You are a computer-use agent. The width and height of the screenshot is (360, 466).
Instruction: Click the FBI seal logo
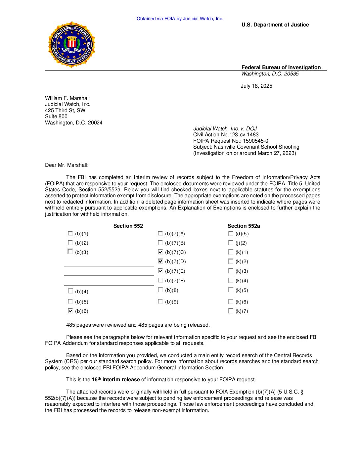point(71,44)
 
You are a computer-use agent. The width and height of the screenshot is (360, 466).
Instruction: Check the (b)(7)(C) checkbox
point(160,252)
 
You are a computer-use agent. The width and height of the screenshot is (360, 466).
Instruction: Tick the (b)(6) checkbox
point(70,311)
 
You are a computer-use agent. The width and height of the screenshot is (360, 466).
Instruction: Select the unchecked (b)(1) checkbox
point(70,233)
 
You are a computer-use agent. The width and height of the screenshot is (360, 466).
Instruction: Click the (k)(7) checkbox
point(231,311)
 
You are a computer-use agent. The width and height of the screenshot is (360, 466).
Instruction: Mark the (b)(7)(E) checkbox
point(160,271)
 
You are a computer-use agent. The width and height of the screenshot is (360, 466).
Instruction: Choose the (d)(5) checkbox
point(231,233)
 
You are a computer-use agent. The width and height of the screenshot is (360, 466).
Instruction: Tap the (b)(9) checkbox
point(160,302)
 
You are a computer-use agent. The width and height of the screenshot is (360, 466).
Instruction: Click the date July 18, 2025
point(256,86)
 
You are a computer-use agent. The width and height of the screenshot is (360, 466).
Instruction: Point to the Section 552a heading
point(244,226)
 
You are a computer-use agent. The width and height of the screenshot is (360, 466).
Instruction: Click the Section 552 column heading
point(128,226)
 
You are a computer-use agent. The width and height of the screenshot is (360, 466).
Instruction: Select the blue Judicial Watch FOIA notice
point(180,19)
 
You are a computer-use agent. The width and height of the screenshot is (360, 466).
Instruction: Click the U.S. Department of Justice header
point(275,25)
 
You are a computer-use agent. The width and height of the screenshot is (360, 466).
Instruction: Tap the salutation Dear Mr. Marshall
point(67,165)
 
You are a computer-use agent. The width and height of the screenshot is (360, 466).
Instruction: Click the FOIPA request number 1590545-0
point(255,141)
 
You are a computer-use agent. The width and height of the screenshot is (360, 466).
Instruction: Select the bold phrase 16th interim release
point(115,380)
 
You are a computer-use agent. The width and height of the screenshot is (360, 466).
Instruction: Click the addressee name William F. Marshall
point(67,98)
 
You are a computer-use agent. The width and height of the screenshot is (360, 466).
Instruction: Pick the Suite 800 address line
point(56,117)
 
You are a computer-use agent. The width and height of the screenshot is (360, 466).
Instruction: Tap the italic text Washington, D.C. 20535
point(270,74)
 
